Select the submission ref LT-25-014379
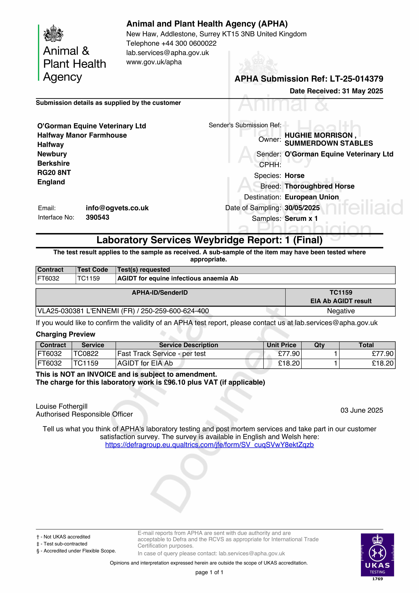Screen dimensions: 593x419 (356, 79)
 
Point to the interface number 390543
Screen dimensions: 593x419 (97, 217)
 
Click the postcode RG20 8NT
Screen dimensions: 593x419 (54, 173)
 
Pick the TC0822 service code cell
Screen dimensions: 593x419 (86, 354)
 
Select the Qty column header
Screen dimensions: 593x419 (319, 345)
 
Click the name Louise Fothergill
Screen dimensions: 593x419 (62, 406)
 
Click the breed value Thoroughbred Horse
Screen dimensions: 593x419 (319, 186)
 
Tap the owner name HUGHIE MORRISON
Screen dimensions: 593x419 (319, 135)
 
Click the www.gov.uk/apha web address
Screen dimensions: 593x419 (154, 62)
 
